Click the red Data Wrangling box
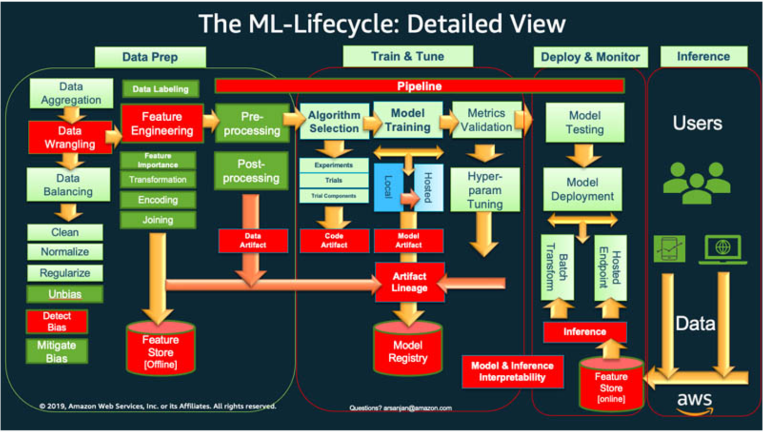click(x=70, y=137)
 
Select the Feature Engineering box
click(x=162, y=124)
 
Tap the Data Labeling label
click(x=160, y=89)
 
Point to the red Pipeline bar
click(x=419, y=86)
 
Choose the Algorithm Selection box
click(x=334, y=122)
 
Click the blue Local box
click(x=388, y=187)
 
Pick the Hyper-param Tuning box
click(x=485, y=190)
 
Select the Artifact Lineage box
click(x=409, y=282)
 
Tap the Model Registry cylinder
click(x=407, y=349)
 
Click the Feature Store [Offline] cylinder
click(x=160, y=350)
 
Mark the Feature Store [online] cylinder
click(x=611, y=384)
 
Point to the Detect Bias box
click(x=57, y=321)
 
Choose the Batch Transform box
click(x=557, y=267)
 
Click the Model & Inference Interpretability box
click(x=512, y=371)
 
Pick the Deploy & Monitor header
click(x=590, y=57)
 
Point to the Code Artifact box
click(x=334, y=241)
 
